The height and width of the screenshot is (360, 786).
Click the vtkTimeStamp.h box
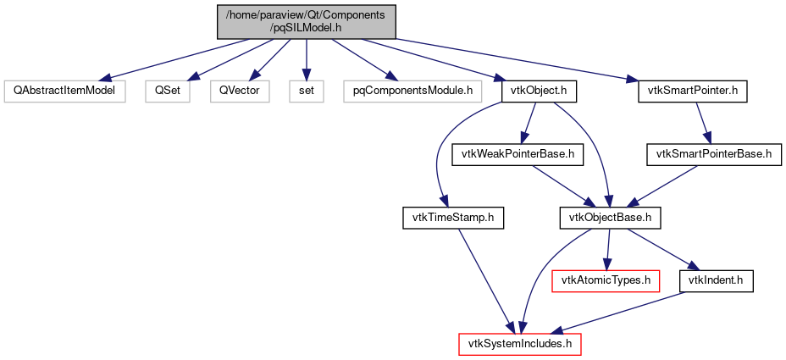pyautogui.click(x=452, y=219)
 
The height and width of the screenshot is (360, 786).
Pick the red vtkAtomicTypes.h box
pyautogui.click(x=606, y=280)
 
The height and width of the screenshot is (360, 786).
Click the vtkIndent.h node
pyautogui.click(x=717, y=280)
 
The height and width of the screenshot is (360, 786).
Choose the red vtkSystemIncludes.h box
pyautogui.click(x=519, y=344)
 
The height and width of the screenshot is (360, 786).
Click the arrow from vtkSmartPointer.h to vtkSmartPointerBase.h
pyautogui.click(x=703, y=122)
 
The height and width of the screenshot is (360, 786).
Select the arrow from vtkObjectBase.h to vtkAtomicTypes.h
pyautogui.click(x=607, y=249)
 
